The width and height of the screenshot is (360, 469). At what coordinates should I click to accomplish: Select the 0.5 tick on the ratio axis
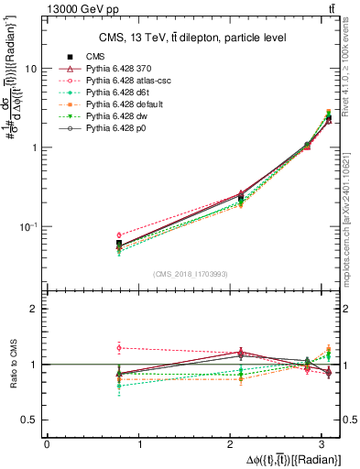(34, 420)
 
